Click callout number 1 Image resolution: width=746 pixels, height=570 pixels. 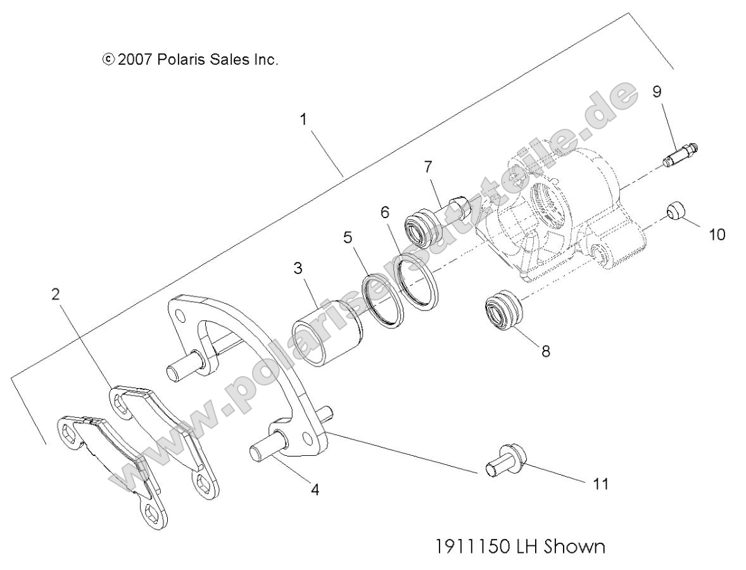tap(304, 119)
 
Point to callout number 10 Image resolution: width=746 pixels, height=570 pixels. tap(716, 234)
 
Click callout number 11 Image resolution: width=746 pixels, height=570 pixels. tap(600, 484)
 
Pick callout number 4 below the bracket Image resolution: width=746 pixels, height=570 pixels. tap(315, 489)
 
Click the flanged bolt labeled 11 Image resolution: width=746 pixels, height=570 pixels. tap(505, 460)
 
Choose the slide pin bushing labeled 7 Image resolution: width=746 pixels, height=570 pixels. tap(434, 219)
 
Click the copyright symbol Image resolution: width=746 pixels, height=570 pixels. tap(109, 60)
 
